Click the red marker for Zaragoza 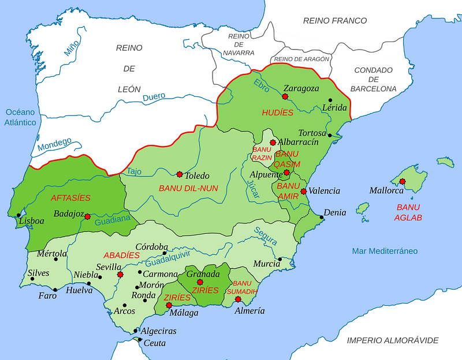coord(284,97)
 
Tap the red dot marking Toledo coord(180,174)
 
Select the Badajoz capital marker coord(87,217)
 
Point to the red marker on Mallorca coord(403,182)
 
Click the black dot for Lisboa coord(19,215)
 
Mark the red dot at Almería coord(238,299)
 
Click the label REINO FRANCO coord(335,21)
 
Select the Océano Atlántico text coord(21,117)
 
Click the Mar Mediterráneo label coord(385,251)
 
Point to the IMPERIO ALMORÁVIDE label coord(392,340)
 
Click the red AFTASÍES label coord(70,197)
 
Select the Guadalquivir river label coord(172,260)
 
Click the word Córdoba coord(151,246)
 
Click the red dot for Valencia coord(303,191)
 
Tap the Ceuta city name coord(154,343)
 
